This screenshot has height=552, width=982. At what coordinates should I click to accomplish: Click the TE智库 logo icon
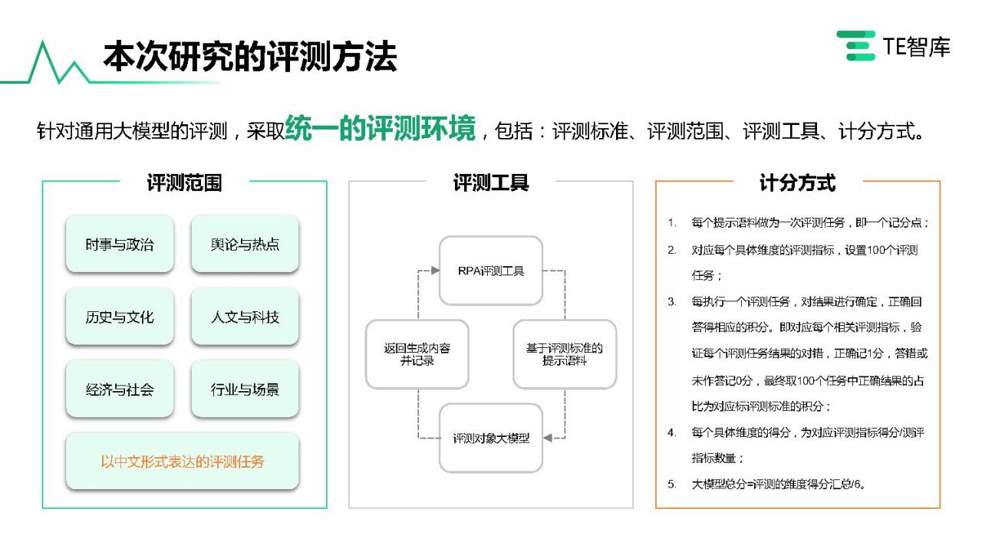[x=855, y=45]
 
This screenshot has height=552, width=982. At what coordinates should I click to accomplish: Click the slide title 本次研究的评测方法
[x=250, y=56]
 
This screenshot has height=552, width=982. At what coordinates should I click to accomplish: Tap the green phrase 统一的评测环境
[x=380, y=128]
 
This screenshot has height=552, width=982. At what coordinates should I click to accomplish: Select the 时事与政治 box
[x=120, y=244]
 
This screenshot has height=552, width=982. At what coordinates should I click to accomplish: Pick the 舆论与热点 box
[x=245, y=244]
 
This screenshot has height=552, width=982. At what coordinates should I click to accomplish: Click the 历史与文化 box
[x=120, y=317]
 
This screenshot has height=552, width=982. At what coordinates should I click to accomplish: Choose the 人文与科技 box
[x=245, y=317]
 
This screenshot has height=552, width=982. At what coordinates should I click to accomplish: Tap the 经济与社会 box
[x=120, y=389]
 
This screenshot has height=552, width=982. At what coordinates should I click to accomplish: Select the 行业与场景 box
[x=245, y=389]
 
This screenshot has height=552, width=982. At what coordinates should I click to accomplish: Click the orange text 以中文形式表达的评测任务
[x=183, y=462]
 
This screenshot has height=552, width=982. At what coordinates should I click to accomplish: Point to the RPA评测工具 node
[x=491, y=271]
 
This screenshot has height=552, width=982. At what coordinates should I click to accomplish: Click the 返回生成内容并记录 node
[x=417, y=354]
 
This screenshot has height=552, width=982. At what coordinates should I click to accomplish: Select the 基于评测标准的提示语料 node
[x=565, y=354]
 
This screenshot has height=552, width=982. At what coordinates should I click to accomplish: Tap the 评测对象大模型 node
[x=491, y=438]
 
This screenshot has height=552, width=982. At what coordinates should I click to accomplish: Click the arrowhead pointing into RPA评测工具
[x=435, y=271]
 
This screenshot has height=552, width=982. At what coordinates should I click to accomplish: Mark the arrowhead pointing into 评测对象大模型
[x=548, y=438]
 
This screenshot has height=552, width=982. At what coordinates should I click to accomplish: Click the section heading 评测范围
[x=185, y=182]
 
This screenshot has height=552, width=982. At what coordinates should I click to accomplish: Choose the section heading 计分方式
[x=797, y=182]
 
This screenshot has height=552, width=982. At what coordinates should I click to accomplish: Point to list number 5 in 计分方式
[x=671, y=484]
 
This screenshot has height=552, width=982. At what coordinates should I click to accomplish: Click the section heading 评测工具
[x=491, y=182]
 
